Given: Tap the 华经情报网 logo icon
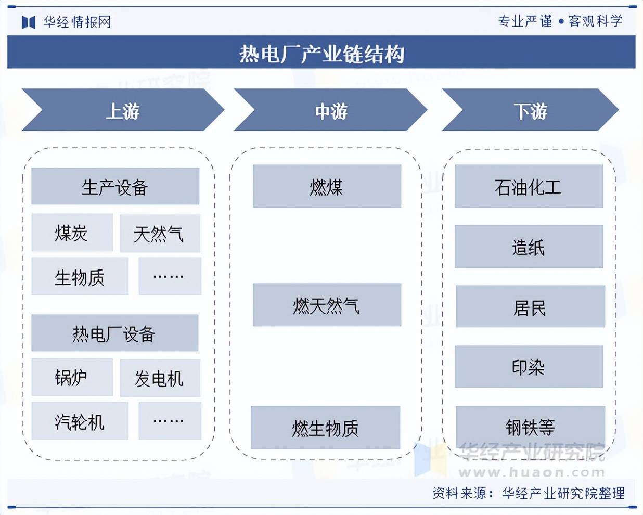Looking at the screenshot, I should click(28, 22).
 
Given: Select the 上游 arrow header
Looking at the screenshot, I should click(123, 110).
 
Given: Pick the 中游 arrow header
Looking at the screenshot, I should click(331, 110).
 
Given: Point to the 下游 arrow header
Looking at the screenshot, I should click(530, 110).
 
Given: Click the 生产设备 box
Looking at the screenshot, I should click(115, 186).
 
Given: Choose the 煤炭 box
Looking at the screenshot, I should click(72, 233).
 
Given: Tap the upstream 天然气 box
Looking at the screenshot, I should click(160, 234).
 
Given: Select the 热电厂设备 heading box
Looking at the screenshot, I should click(114, 333).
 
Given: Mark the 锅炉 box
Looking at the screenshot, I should click(72, 377).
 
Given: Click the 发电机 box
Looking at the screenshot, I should click(160, 378).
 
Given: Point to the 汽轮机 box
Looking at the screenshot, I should click(80, 421).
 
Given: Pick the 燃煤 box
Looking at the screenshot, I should click(327, 186).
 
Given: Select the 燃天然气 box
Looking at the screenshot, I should click(327, 305).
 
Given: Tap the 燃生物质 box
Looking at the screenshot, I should click(325, 428).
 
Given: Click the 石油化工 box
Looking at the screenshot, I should click(529, 186).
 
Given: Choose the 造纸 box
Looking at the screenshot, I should click(529, 247).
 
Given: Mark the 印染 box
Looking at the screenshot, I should click(529, 367).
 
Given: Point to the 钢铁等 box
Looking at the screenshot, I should click(530, 427).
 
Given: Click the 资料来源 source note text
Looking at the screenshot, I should click(528, 493).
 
